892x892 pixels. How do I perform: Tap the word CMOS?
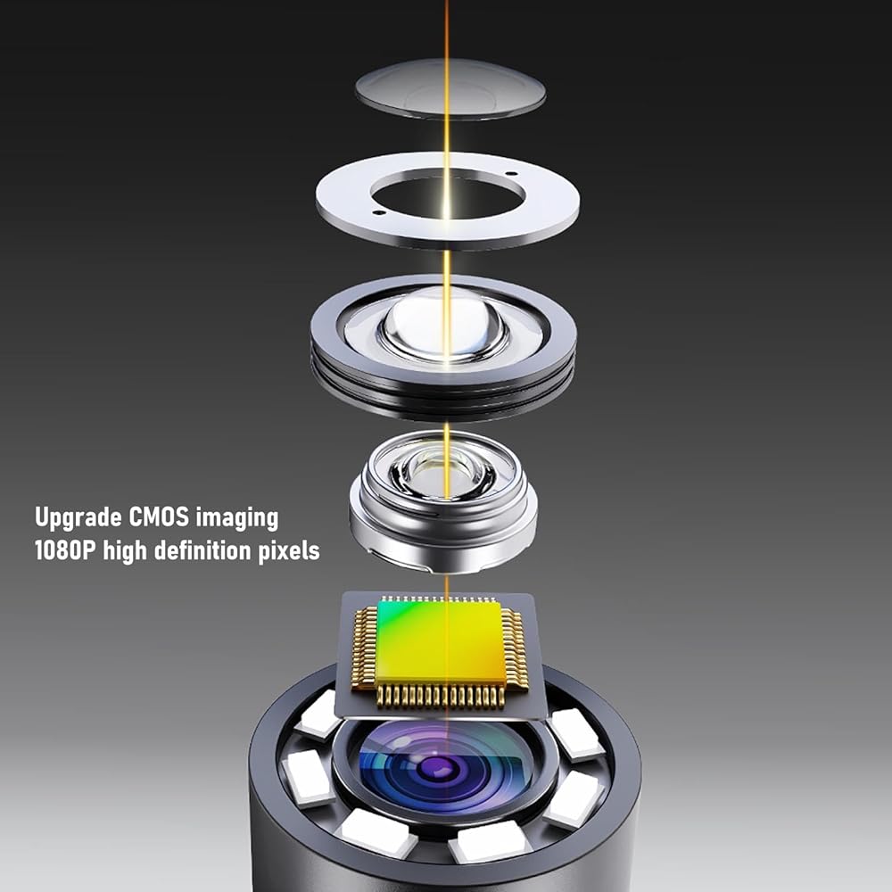click(160, 516)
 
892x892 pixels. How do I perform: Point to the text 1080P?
click(64, 550)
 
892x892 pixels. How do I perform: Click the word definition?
click(202, 550)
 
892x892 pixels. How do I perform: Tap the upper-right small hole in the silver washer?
click(510, 174)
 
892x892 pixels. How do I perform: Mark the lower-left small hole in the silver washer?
click(377, 213)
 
